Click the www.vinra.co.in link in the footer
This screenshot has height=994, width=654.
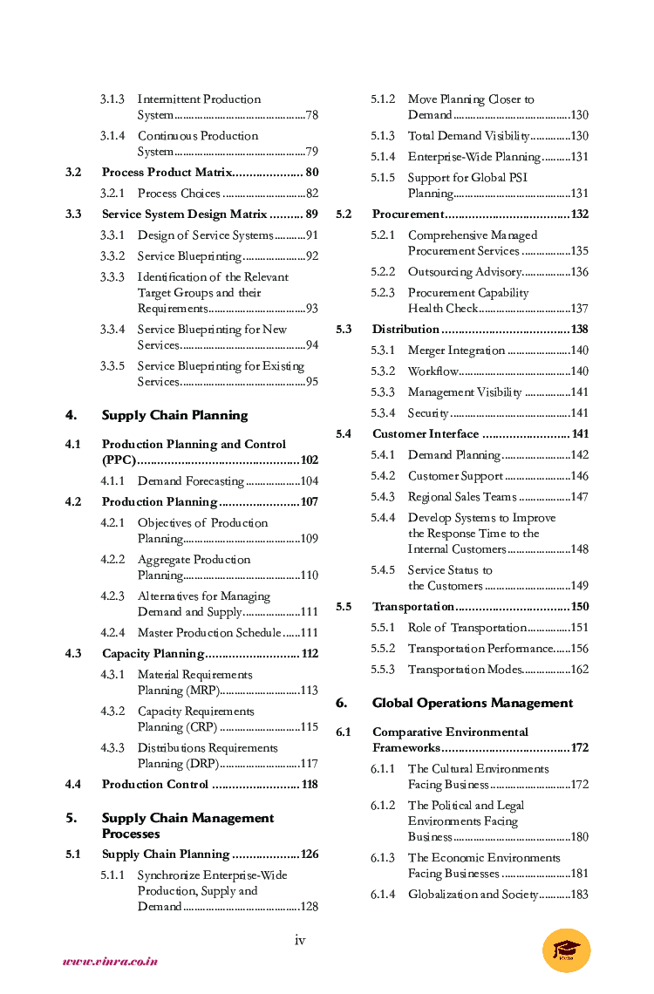110,962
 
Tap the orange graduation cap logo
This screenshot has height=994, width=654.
566,950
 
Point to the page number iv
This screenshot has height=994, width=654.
300,939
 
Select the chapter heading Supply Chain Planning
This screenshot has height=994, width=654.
174,415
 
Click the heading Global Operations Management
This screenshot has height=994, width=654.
473,703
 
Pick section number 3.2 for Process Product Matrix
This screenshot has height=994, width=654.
73,173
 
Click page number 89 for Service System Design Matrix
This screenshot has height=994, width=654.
311,214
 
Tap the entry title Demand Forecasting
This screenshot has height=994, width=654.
190,481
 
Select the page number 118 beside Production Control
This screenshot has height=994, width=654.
309,785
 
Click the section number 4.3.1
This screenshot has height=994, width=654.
112,675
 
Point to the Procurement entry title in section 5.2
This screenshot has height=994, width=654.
408,214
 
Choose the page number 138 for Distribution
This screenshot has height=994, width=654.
580,330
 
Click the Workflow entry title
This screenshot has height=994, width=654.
433,371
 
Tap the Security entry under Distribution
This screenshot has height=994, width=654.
428,413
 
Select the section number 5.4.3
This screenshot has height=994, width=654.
383,497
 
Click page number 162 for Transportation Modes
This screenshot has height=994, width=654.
580,670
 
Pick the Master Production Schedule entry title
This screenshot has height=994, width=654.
209,633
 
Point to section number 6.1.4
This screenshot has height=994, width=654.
383,895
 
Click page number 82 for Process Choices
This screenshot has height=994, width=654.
311,194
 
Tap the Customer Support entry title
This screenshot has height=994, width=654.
455,476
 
